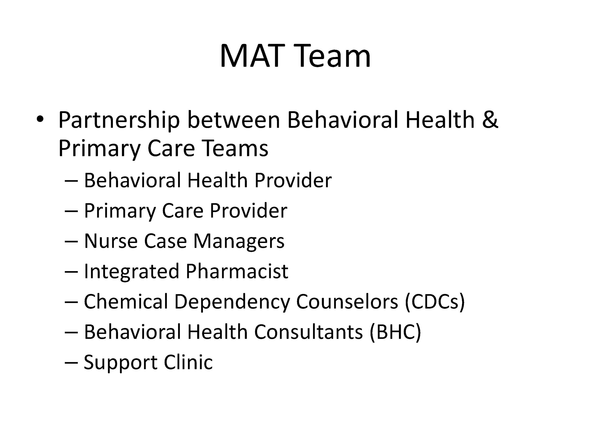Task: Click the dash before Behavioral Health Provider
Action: (71, 181)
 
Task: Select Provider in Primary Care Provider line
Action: (248, 211)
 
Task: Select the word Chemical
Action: (126, 302)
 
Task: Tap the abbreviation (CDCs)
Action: (435, 302)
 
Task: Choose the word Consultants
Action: (309, 332)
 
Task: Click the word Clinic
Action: (188, 362)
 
